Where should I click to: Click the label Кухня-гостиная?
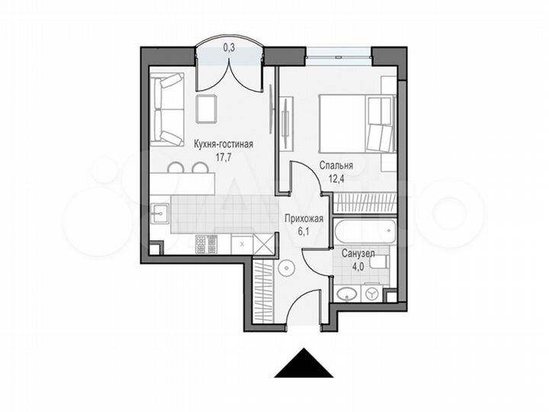[223, 143]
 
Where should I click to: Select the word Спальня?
[336, 166]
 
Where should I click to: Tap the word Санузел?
[358, 253]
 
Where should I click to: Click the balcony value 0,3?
[229, 47]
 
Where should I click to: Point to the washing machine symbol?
[373, 293]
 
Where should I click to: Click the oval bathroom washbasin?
[348, 293]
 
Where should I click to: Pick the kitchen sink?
[162, 213]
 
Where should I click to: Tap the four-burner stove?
[207, 244]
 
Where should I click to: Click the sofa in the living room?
[166, 109]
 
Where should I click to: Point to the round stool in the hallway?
[285, 268]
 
